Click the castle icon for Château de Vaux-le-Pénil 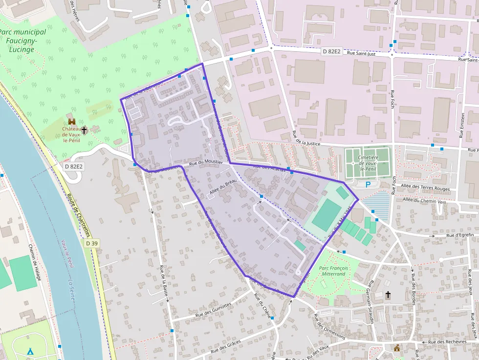tap(72, 121)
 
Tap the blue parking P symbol tap(368, 184)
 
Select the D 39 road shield tap(90, 243)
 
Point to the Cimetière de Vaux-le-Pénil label tap(368, 163)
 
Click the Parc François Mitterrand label tap(332, 271)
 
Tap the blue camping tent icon tap(30, 351)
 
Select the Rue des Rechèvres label tap(447, 342)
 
